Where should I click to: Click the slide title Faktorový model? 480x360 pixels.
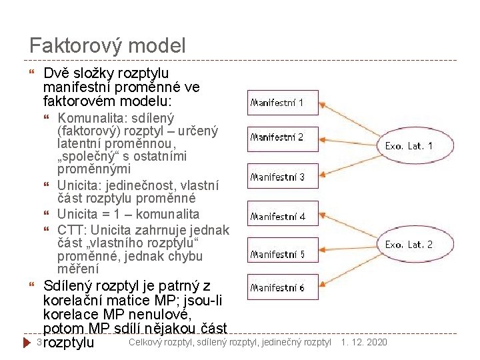(107, 46)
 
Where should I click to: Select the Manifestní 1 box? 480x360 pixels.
(277, 103)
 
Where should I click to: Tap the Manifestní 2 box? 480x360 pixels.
(277, 138)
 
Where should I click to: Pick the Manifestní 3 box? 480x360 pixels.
(277, 177)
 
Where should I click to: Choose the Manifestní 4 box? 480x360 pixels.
(277, 217)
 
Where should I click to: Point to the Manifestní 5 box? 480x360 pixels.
(277, 254)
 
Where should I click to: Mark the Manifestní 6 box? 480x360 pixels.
(277, 288)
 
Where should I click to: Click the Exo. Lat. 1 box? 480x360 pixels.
(409, 145)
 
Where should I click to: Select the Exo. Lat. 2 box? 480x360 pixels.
(409, 245)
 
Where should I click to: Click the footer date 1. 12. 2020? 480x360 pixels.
(363, 342)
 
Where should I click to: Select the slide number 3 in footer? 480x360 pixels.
(39, 342)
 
